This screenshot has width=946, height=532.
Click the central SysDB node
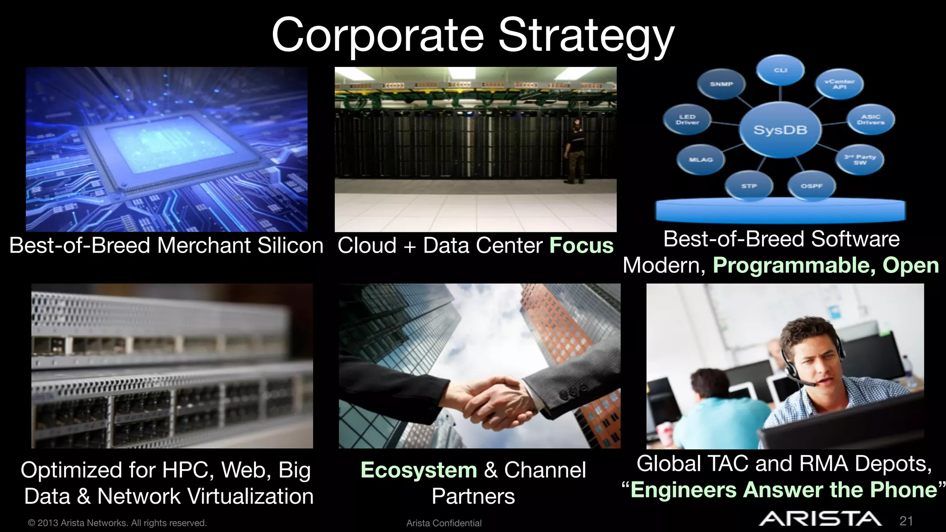[780, 130]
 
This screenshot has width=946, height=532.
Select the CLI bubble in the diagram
[780, 70]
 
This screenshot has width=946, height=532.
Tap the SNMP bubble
[721, 84]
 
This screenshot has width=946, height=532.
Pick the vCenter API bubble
[839, 84]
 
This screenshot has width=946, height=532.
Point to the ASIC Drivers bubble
[870, 120]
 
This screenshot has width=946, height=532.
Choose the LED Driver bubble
[687, 120]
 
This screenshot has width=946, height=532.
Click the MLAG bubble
[700, 160]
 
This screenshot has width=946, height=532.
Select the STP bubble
[749, 186]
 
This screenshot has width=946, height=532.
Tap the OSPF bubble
[812, 186]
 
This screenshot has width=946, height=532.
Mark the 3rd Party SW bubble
[860, 160]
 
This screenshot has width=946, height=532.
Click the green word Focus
[581, 245]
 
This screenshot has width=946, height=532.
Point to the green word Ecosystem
[418, 470]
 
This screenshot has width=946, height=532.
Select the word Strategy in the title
[586, 36]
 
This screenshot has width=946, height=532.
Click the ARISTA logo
[820, 519]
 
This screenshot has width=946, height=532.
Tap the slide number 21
[906, 521]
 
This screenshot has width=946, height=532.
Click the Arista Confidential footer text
[444, 523]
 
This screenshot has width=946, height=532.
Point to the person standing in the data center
[574, 151]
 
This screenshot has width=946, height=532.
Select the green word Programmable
[794, 266]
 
